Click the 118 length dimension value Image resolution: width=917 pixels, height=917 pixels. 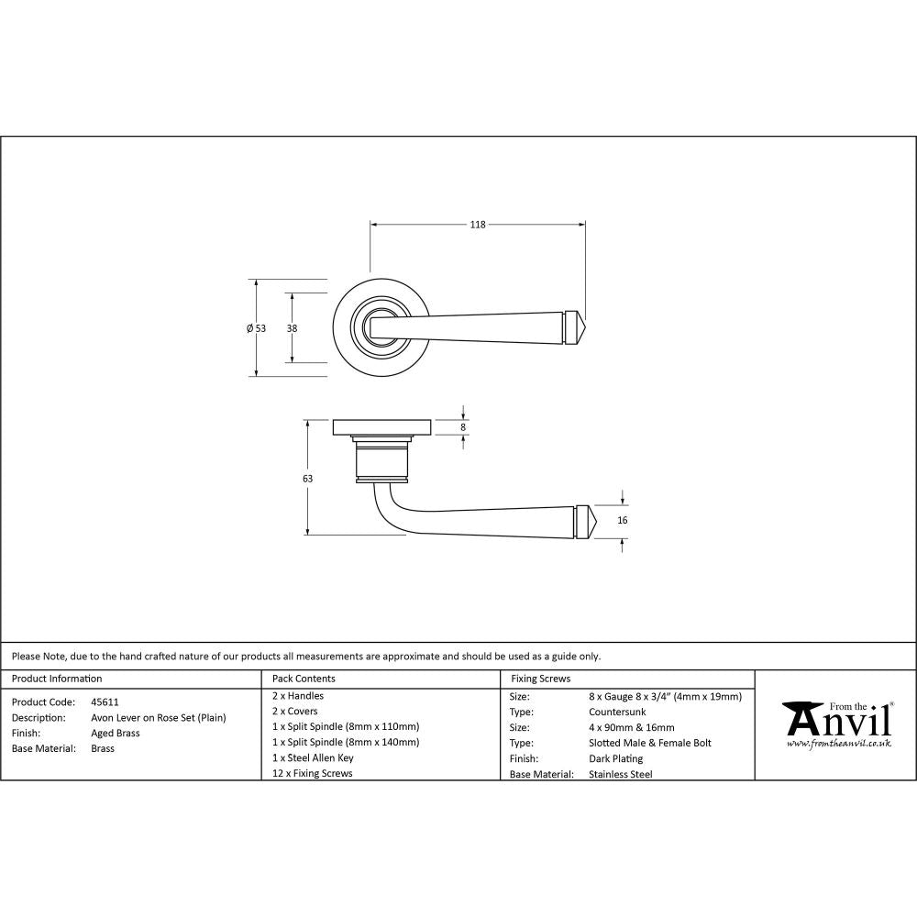pyautogui.click(x=477, y=225)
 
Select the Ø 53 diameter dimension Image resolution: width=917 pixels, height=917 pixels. pyautogui.click(x=256, y=328)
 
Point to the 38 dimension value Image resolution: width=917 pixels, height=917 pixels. pyautogui.click(x=293, y=327)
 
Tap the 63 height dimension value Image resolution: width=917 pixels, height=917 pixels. pyautogui.click(x=307, y=479)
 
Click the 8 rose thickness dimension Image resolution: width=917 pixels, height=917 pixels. pyautogui.click(x=463, y=427)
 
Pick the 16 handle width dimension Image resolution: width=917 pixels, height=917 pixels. pyautogui.click(x=623, y=520)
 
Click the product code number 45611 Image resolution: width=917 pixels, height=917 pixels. pyautogui.click(x=105, y=702)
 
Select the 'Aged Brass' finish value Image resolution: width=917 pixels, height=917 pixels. pyautogui.click(x=116, y=734)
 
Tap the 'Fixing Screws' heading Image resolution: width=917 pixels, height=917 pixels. pyautogui.click(x=540, y=679)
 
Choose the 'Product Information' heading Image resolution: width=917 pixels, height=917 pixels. pyautogui.click(x=57, y=679)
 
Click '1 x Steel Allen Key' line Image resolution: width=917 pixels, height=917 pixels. pyautogui.click(x=313, y=757)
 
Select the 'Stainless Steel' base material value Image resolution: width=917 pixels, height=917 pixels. pyautogui.click(x=620, y=774)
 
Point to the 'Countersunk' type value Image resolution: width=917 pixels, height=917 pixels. pyautogui.click(x=616, y=712)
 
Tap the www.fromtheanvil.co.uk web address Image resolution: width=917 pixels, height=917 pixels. pyautogui.click(x=839, y=744)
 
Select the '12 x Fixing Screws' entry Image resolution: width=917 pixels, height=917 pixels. pyautogui.click(x=312, y=773)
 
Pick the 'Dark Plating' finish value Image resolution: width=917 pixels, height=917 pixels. pyautogui.click(x=615, y=758)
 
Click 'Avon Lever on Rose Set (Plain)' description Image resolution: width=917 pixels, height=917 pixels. pyautogui.click(x=158, y=717)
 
